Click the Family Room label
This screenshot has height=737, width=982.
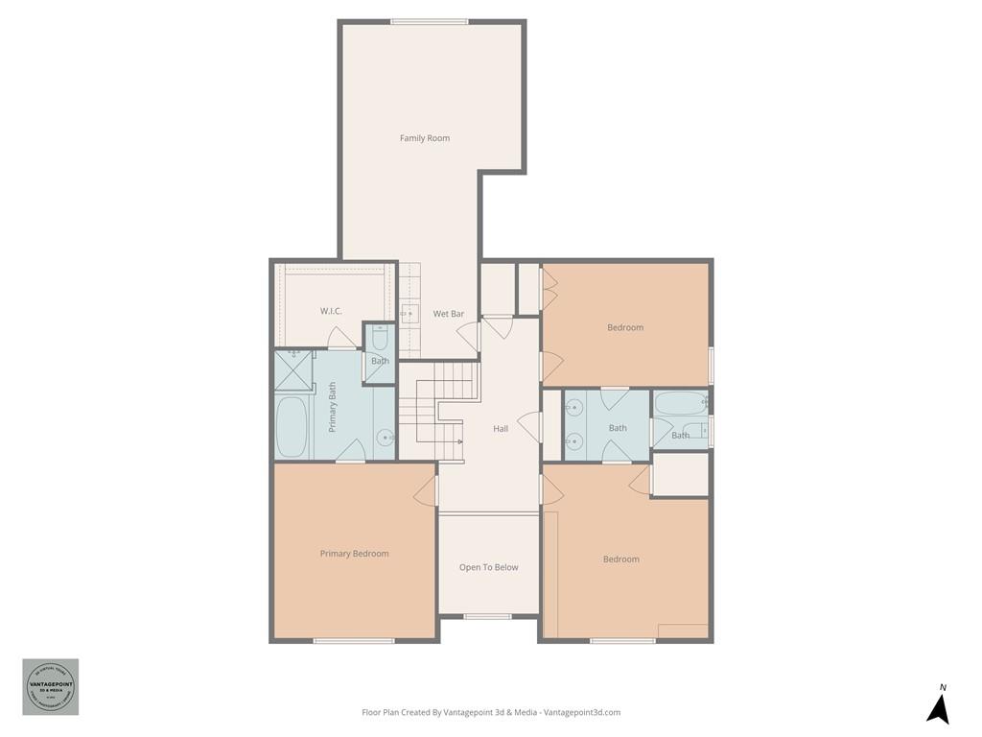click(x=424, y=138)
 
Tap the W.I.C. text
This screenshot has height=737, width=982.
click(x=331, y=311)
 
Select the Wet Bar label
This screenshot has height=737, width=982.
click(x=448, y=314)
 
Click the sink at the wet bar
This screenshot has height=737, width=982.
click(x=409, y=313)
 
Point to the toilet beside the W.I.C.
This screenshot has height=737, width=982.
click(x=380, y=339)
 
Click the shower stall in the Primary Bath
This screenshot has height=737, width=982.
click(x=293, y=368)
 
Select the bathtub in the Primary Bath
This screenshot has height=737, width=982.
click(x=291, y=426)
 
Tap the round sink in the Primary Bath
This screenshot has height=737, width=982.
click(x=386, y=438)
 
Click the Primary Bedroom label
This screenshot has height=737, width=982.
click(x=354, y=554)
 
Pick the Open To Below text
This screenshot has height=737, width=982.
click(x=488, y=567)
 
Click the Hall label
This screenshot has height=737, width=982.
click(x=501, y=429)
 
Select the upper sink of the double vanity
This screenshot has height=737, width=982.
click(x=573, y=408)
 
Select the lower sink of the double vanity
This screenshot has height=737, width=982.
click(x=573, y=441)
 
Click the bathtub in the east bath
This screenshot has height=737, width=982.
click(x=680, y=402)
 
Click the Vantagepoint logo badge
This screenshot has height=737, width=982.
click(x=51, y=686)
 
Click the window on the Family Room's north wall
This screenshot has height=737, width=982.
click(x=429, y=21)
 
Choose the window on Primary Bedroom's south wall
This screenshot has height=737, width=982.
click(x=354, y=640)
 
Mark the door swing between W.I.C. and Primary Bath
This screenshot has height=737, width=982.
click(x=341, y=338)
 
